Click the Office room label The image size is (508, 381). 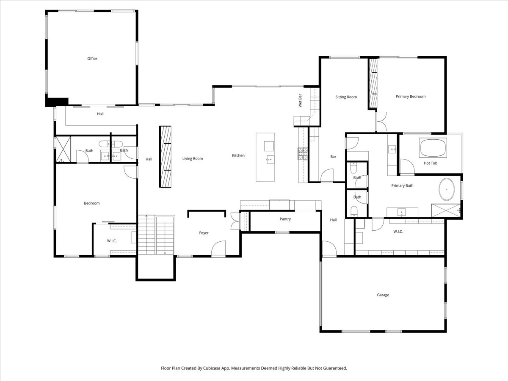(x=92, y=59)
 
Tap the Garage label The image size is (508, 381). (x=383, y=295)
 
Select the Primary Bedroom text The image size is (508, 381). (x=410, y=97)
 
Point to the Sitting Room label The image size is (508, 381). (x=346, y=97)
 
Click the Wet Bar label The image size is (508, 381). (x=300, y=102)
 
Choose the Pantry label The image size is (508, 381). (x=285, y=219)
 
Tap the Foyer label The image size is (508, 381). (x=204, y=233)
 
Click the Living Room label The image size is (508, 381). (x=193, y=159)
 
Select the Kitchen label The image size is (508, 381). (x=238, y=156)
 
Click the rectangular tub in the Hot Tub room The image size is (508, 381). (x=432, y=148)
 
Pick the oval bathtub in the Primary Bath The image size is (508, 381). (x=447, y=190)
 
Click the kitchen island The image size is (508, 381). (x=265, y=157)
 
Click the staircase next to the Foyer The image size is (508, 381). (x=156, y=235)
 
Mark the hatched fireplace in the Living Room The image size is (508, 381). (x=165, y=156)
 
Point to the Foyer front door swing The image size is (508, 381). (x=219, y=249)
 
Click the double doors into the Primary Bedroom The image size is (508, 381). (x=381, y=121)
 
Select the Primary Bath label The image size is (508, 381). (x=402, y=186)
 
